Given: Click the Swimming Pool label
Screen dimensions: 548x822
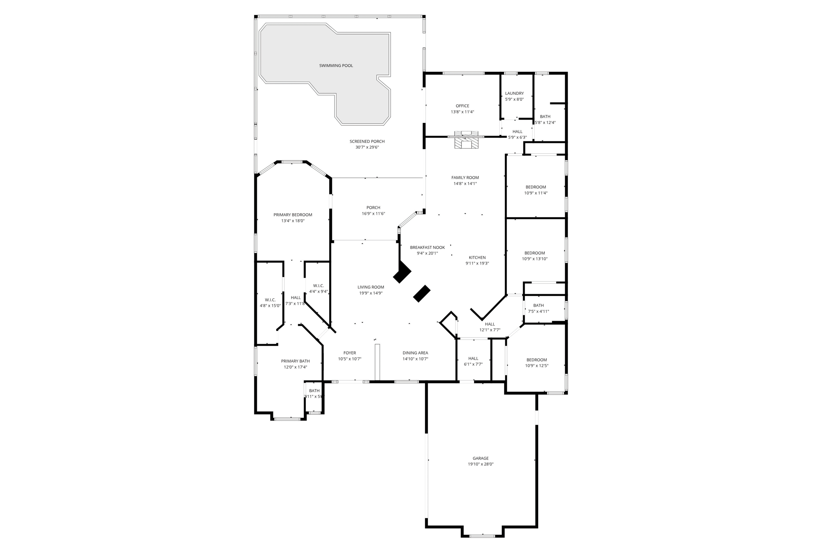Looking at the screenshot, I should [x=336, y=65].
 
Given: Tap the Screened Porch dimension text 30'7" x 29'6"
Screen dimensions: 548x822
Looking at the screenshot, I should [x=367, y=147].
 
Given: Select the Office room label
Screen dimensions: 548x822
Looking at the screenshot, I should [x=462, y=106].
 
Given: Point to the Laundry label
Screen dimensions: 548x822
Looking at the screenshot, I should [x=514, y=94].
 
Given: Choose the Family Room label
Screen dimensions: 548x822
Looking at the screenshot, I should [x=465, y=177].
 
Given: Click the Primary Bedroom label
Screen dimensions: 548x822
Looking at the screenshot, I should [x=293, y=215].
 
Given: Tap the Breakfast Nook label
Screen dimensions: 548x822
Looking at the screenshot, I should [x=427, y=248].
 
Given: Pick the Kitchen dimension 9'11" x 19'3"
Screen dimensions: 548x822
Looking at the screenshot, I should [x=477, y=263].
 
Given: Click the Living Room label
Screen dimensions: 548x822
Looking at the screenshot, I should [x=371, y=287].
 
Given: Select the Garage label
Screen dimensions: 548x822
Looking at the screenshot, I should [x=480, y=458].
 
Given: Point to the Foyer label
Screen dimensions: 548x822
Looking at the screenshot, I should [x=350, y=353].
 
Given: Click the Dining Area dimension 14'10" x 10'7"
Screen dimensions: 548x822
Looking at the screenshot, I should [x=415, y=359].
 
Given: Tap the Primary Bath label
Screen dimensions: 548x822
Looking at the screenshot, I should [x=295, y=361].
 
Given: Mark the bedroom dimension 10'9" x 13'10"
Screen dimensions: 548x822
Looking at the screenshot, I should [x=535, y=259].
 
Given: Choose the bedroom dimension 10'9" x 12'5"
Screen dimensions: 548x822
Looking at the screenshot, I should [x=537, y=366].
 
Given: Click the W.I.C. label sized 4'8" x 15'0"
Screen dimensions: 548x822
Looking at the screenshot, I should [x=270, y=300].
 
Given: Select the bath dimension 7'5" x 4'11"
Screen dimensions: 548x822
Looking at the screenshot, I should [x=538, y=311].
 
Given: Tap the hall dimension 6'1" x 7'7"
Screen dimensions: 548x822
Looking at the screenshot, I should [x=473, y=365].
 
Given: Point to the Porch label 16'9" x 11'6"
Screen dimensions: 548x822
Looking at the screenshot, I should [x=373, y=208].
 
